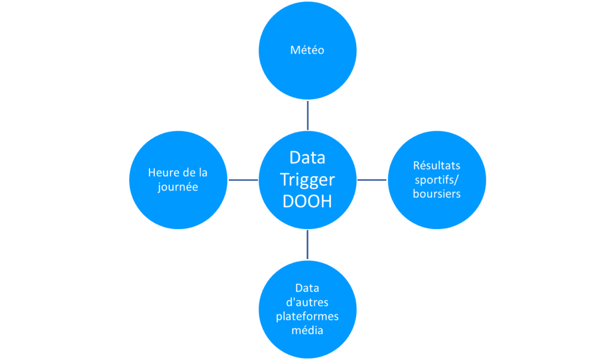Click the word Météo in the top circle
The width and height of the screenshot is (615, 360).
tap(307, 50)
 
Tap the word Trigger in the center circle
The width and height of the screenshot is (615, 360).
tap(307, 180)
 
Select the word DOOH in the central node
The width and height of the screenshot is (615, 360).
tap(307, 201)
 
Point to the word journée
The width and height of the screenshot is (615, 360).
tap(178, 187)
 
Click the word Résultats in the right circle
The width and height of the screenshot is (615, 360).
tap(437, 165)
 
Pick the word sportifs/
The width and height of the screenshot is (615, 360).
tap(437, 180)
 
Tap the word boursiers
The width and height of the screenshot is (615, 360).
tap(437, 194)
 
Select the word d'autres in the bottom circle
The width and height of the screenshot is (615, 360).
tap(307, 302)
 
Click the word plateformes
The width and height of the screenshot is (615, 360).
tap(307, 316)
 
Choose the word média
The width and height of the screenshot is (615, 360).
tap(307, 330)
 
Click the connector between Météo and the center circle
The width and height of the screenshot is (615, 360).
tap(307, 115)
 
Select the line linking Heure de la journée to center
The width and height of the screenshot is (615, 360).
tap(243, 180)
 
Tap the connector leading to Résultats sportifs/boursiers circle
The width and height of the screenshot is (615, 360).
tap(372, 180)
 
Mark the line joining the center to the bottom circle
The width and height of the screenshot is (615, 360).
tap(307, 245)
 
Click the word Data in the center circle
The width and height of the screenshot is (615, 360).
tap(307, 158)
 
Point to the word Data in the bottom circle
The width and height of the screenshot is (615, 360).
tap(307, 288)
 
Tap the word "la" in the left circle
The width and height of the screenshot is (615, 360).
tap(203, 172)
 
